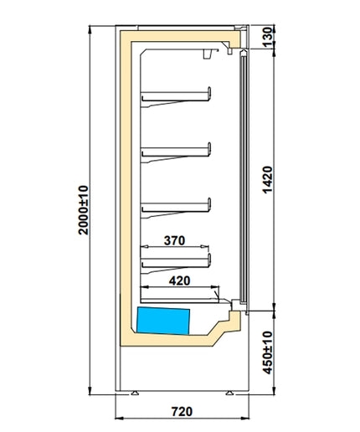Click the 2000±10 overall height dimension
pyautogui.click(x=84, y=210)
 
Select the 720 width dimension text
pyautogui.click(x=182, y=411)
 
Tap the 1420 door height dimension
pyautogui.click(x=267, y=180)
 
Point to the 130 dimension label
pyautogui.click(x=267, y=37)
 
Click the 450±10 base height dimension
pyautogui.click(x=267, y=352)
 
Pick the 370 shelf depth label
pyautogui.click(x=174, y=240)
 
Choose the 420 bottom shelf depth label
pyautogui.click(x=179, y=280)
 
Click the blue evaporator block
pyautogui.click(x=163, y=321)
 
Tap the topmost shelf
pyautogui.click(x=176, y=97)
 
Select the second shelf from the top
pyautogui.click(x=176, y=152)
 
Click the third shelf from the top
pyautogui.click(x=176, y=208)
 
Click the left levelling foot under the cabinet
pyautogui.click(x=135, y=393)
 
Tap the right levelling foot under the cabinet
pyautogui.click(x=229, y=393)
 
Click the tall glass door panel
pyautogui.click(x=244, y=177)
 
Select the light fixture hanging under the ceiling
pyautogui.click(x=208, y=54)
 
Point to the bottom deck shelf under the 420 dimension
pyautogui.click(x=180, y=301)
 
